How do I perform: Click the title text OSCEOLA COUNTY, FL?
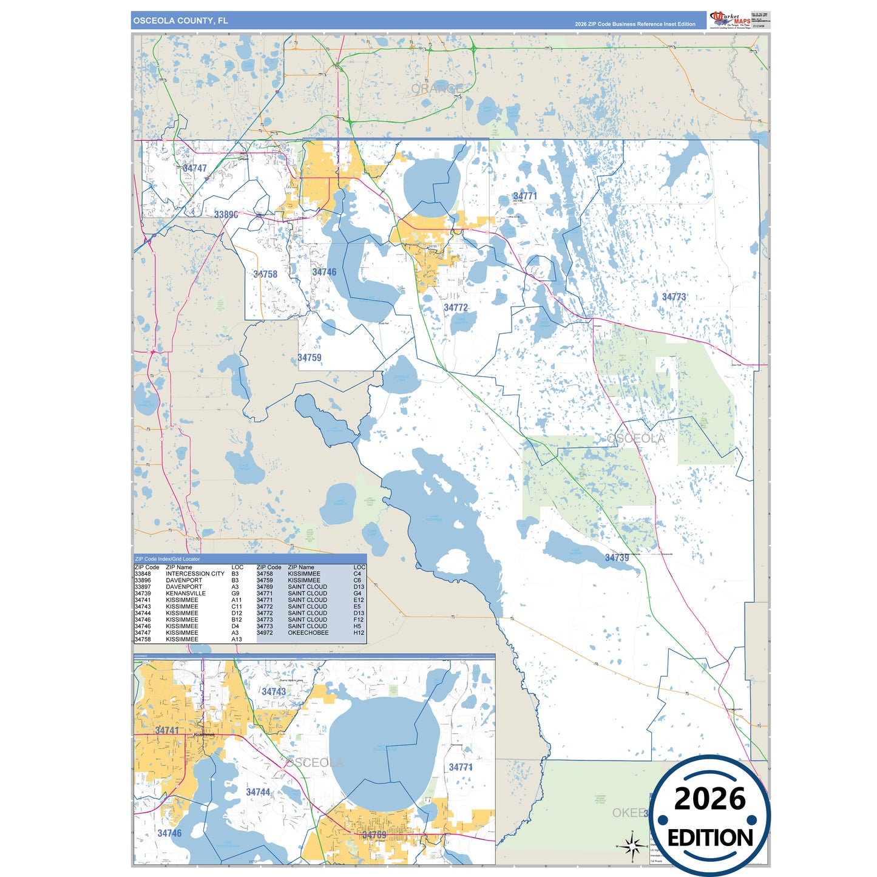(180, 21)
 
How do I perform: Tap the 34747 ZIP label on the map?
(195, 169)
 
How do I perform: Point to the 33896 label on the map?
(226, 215)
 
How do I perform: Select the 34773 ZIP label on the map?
(674, 297)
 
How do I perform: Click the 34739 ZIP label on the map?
(617, 558)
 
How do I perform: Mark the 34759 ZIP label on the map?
(310, 358)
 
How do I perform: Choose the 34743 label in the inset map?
(274, 692)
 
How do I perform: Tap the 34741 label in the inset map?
(167, 731)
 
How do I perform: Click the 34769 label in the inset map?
(374, 835)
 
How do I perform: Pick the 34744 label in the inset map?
(258, 793)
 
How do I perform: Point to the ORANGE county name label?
(437, 89)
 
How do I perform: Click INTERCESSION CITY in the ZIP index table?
(195, 574)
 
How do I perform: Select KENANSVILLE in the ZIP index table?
(186, 594)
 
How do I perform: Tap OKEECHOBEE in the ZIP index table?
(308, 633)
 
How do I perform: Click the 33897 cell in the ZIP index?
(143, 587)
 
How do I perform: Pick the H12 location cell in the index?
(359, 633)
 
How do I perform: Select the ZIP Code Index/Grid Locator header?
(168, 559)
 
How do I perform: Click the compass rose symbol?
(632, 845)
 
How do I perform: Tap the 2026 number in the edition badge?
(709, 799)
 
